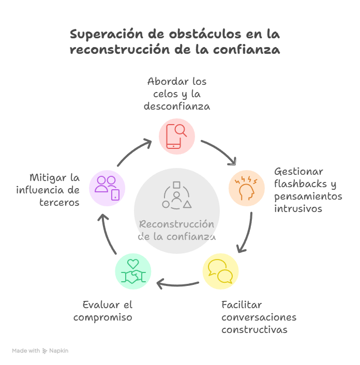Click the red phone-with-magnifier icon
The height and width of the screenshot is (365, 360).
coord(176,136)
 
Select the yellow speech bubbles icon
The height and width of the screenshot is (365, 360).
coord(220,271)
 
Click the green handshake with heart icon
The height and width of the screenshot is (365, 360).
coord(133,271)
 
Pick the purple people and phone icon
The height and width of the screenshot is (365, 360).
coord(107,188)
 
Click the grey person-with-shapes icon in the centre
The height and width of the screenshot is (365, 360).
coord(177,195)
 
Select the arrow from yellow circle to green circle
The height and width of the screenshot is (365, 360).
coord(177,284)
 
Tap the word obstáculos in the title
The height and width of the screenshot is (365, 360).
coord(205,34)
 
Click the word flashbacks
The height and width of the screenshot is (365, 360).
coord(301,184)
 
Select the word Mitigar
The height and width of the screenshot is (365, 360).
coord(48,178)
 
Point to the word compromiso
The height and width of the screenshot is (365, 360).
coord(103,317)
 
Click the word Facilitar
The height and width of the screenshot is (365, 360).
coord(242,305)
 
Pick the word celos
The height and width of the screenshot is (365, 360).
coord(165,94)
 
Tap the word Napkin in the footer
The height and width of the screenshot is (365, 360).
coord(58,351)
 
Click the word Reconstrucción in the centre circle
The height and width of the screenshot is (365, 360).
coord(176,224)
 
